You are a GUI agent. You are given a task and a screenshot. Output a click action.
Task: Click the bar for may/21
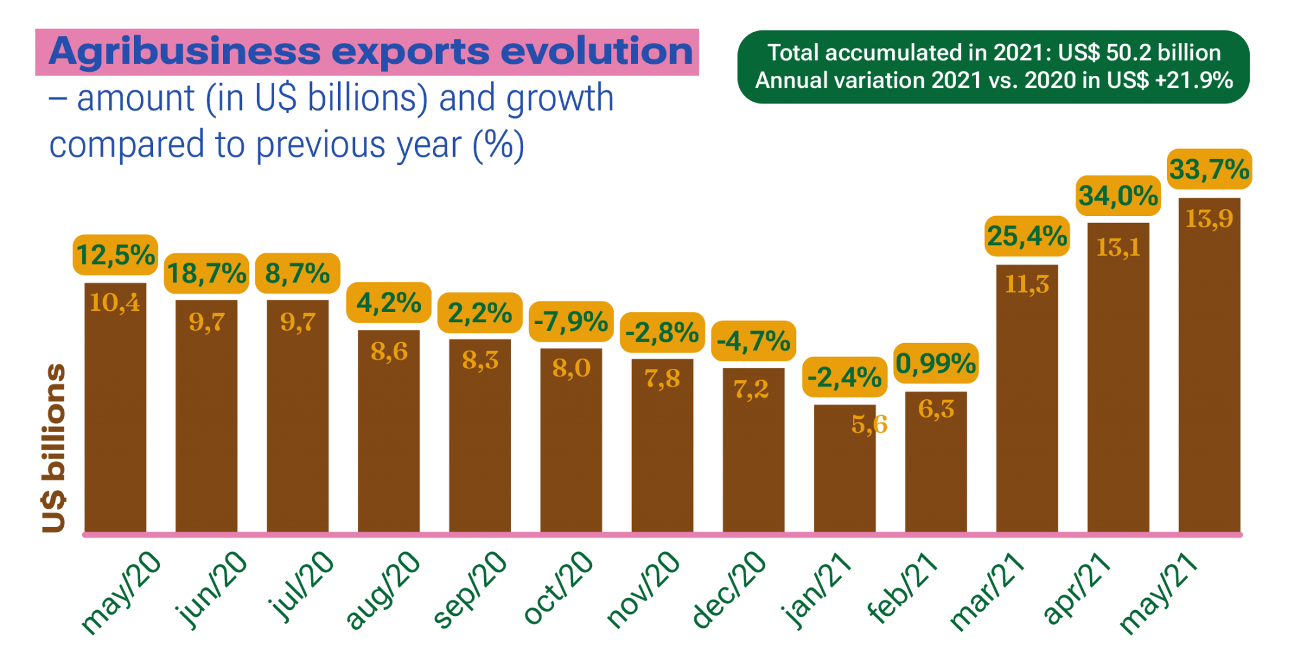[x=1209, y=379]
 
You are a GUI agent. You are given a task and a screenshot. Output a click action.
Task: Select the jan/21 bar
[x=845, y=474]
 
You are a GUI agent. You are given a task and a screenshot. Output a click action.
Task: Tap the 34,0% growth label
[x=1118, y=196]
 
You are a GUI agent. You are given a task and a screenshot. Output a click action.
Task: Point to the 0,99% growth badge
[x=936, y=364]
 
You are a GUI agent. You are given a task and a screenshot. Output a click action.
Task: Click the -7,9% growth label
[x=571, y=322]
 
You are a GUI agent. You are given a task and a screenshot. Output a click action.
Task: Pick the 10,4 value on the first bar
[x=115, y=303]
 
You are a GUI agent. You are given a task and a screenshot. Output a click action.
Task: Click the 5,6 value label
[x=869, y=424]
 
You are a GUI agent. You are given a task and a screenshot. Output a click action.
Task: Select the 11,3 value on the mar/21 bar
[x=1027, y=284]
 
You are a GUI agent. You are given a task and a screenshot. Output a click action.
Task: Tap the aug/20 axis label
[x=383, y=591]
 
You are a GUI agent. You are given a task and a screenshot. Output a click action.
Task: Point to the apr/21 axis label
[x=1077, y=589]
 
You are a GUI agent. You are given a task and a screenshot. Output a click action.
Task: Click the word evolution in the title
[x=596, y=52]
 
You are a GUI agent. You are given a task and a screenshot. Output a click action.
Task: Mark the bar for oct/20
[x=571, y=442]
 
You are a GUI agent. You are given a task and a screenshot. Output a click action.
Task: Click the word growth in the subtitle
[x=559, y=99]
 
